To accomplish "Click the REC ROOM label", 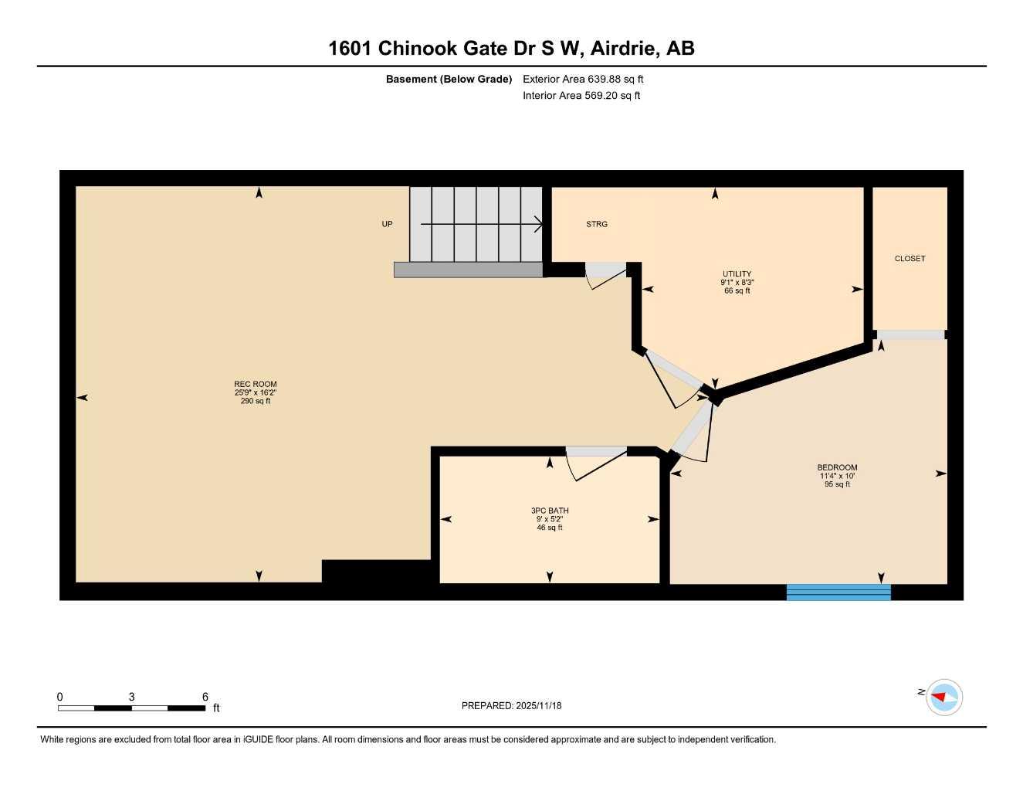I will pyautogui.click(x=255, y=384).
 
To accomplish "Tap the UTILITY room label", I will pyautogui.click(x=737, y=274).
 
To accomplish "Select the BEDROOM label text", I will pyautogui.click(x=837, y=467).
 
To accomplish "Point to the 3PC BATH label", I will pyautogui.click(x=550, y=511).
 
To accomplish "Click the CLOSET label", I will pyautogui.click(x=910, y=259).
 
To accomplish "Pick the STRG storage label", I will pyautogui.click(x=597, y=224).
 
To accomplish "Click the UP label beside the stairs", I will pyautogui.click(x=387, y=224).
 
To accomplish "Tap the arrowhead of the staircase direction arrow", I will pyautogui.click(x=539, y=224).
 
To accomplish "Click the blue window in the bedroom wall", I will pyautogui.click(x=838, y=592).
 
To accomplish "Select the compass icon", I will pyautogui.click(x=943, y=698).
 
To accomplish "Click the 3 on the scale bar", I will pyautogui.click(x=132, y=697).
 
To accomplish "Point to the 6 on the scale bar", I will pyautogui.click(x=205, y=697).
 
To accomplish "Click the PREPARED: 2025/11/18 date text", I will pyautogui.click(x=511, y=705).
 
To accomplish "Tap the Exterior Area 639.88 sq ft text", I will pyautogui.click(x=583, y=79).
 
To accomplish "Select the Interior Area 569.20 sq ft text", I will pyautogui.click(x=581, y=96).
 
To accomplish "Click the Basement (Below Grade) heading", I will pyautogui.click(x=449, y=79).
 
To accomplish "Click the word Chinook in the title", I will pyautogui.click(x=418, y=48).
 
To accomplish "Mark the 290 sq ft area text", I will pyautogui.click(x=255, y=401).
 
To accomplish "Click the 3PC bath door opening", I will pyautogui.click(x=596, y=452).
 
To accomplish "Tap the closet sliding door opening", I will pyautogui.click(x=910, y=335).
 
